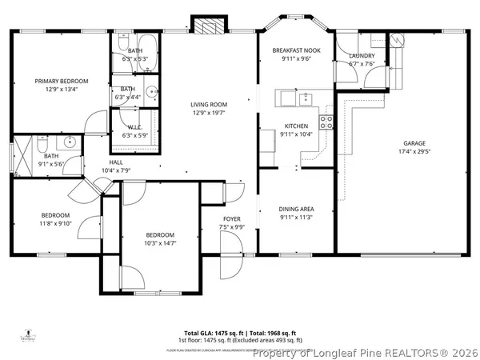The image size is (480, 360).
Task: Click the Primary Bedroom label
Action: [x=61, y=82]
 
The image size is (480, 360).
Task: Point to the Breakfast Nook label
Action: [x=295, y=50]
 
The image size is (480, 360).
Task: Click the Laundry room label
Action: [x=362, y=55]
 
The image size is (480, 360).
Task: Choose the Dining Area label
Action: [x=296, y=209]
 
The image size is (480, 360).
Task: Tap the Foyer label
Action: [x=231, y=218]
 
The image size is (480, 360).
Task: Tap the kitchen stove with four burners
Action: [x=326, y=122]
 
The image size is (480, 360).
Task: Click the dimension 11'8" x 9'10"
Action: [x=56, y=223]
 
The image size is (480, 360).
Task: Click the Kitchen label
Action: [x=296, y=126]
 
